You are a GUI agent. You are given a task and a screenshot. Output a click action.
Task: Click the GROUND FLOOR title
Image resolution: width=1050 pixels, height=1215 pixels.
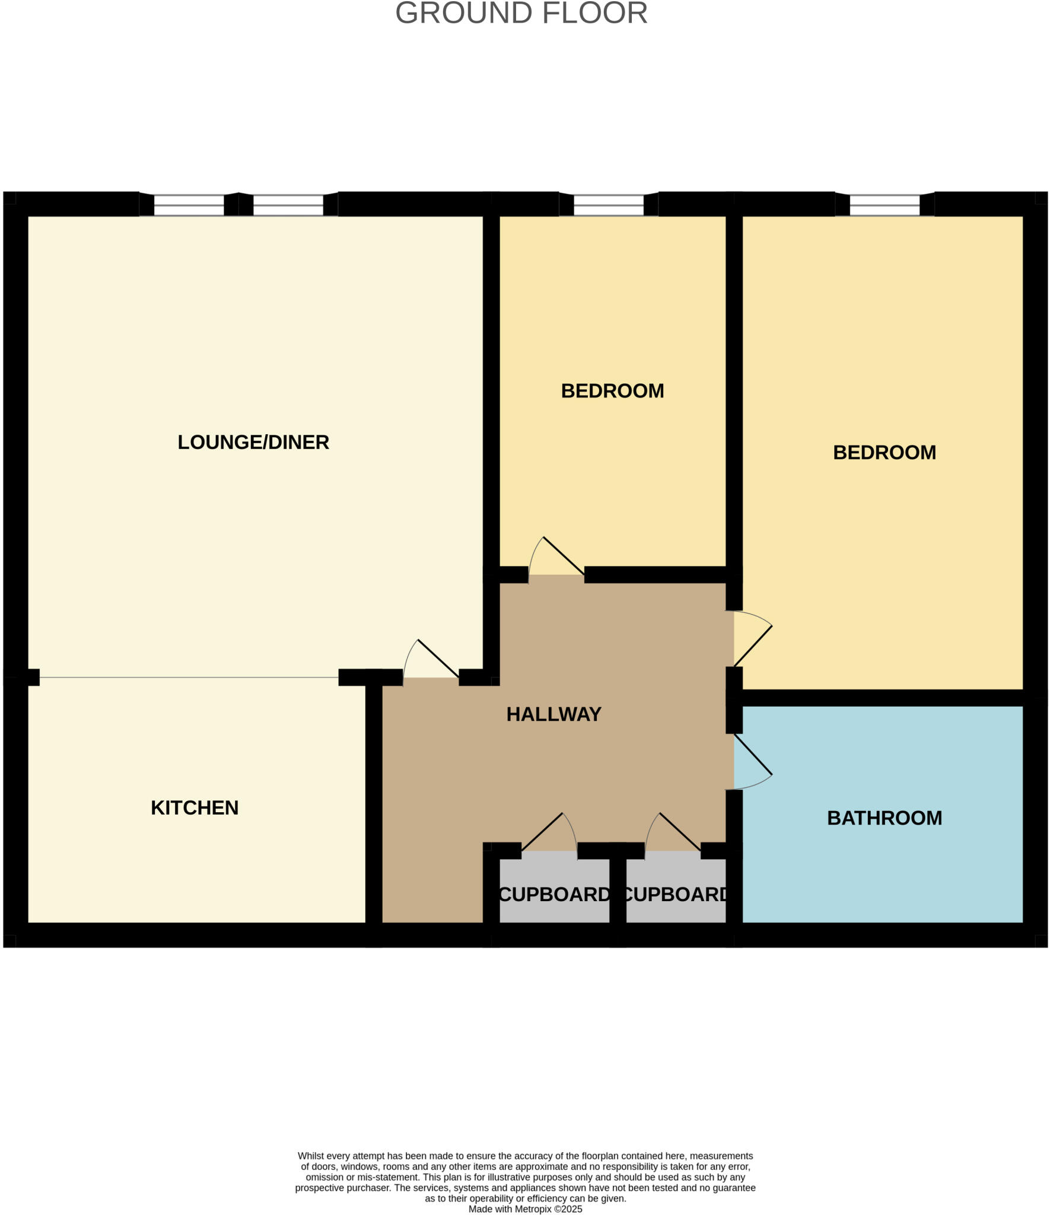point(521,13)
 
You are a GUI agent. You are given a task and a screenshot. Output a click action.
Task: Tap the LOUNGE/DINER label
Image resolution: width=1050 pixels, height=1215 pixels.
point(253,442)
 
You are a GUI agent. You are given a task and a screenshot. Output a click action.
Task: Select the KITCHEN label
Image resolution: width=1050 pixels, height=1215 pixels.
point(195,807)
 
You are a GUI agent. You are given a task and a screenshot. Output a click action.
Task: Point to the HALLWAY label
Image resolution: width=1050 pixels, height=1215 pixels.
point(553,714)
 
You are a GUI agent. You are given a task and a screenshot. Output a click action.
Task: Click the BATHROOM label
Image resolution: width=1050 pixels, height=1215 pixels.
point(884,818)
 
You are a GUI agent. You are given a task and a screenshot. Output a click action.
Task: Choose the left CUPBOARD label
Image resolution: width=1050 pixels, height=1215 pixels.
point(554,894)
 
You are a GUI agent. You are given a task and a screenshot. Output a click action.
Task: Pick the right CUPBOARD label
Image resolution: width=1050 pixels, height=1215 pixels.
point(676,894)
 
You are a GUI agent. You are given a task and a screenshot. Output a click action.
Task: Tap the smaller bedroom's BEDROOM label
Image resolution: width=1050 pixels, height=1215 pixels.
point(612,391)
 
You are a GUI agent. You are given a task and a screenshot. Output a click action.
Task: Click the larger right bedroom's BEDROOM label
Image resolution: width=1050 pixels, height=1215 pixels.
point(884,453)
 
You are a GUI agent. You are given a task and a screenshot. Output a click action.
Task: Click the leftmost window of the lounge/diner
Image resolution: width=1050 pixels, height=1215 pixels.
point(189,205)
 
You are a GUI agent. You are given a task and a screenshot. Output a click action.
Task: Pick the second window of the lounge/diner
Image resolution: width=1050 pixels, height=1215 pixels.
point(288,205)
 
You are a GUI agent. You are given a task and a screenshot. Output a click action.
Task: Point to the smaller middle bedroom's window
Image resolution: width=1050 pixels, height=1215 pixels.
point(609,205)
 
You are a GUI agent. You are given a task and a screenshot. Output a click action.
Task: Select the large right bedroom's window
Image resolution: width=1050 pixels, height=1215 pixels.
point(884,205)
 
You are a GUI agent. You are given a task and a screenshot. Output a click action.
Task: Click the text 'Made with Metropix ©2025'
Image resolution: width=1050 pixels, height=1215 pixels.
point(525,1208)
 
